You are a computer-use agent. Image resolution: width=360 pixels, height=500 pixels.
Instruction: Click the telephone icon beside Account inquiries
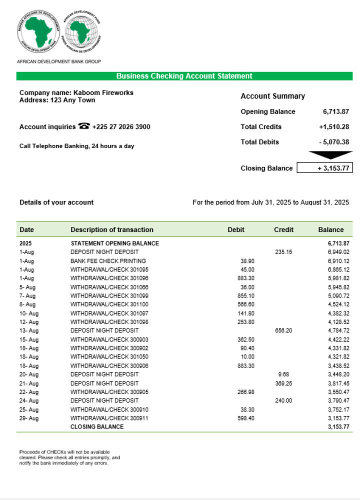coord(84,126)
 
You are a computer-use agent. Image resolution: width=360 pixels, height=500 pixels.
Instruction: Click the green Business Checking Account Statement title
coord(184,76)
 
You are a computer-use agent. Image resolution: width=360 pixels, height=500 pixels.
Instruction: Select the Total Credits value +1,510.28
coord(333,127)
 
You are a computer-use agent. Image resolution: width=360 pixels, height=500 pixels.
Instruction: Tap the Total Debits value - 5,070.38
coord(333,142)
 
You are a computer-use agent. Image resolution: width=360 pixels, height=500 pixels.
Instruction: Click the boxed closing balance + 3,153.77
coord(324,168)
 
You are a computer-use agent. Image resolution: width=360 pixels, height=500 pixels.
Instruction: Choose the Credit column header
coord(283,230)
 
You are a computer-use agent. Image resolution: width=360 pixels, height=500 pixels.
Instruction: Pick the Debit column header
coord(236,230)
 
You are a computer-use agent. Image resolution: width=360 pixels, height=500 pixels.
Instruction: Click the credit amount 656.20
coord(283,330)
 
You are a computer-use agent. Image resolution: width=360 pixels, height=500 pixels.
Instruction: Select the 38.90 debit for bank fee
coord(247,261)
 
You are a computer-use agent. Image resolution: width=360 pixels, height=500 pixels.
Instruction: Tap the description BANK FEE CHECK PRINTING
coord(108,261)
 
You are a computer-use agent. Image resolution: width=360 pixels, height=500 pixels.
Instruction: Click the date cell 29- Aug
coord(29,418)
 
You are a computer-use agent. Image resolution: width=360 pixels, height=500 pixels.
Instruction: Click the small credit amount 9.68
coord(283,374)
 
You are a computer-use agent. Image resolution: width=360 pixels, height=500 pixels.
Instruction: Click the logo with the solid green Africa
coord(39,31)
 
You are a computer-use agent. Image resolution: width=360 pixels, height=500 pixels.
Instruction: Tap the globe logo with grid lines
coord(81,31)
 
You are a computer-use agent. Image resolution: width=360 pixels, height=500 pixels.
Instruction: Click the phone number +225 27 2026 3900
coord(121,127)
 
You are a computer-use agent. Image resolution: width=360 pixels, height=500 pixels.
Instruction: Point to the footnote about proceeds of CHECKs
coord(69,457)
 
